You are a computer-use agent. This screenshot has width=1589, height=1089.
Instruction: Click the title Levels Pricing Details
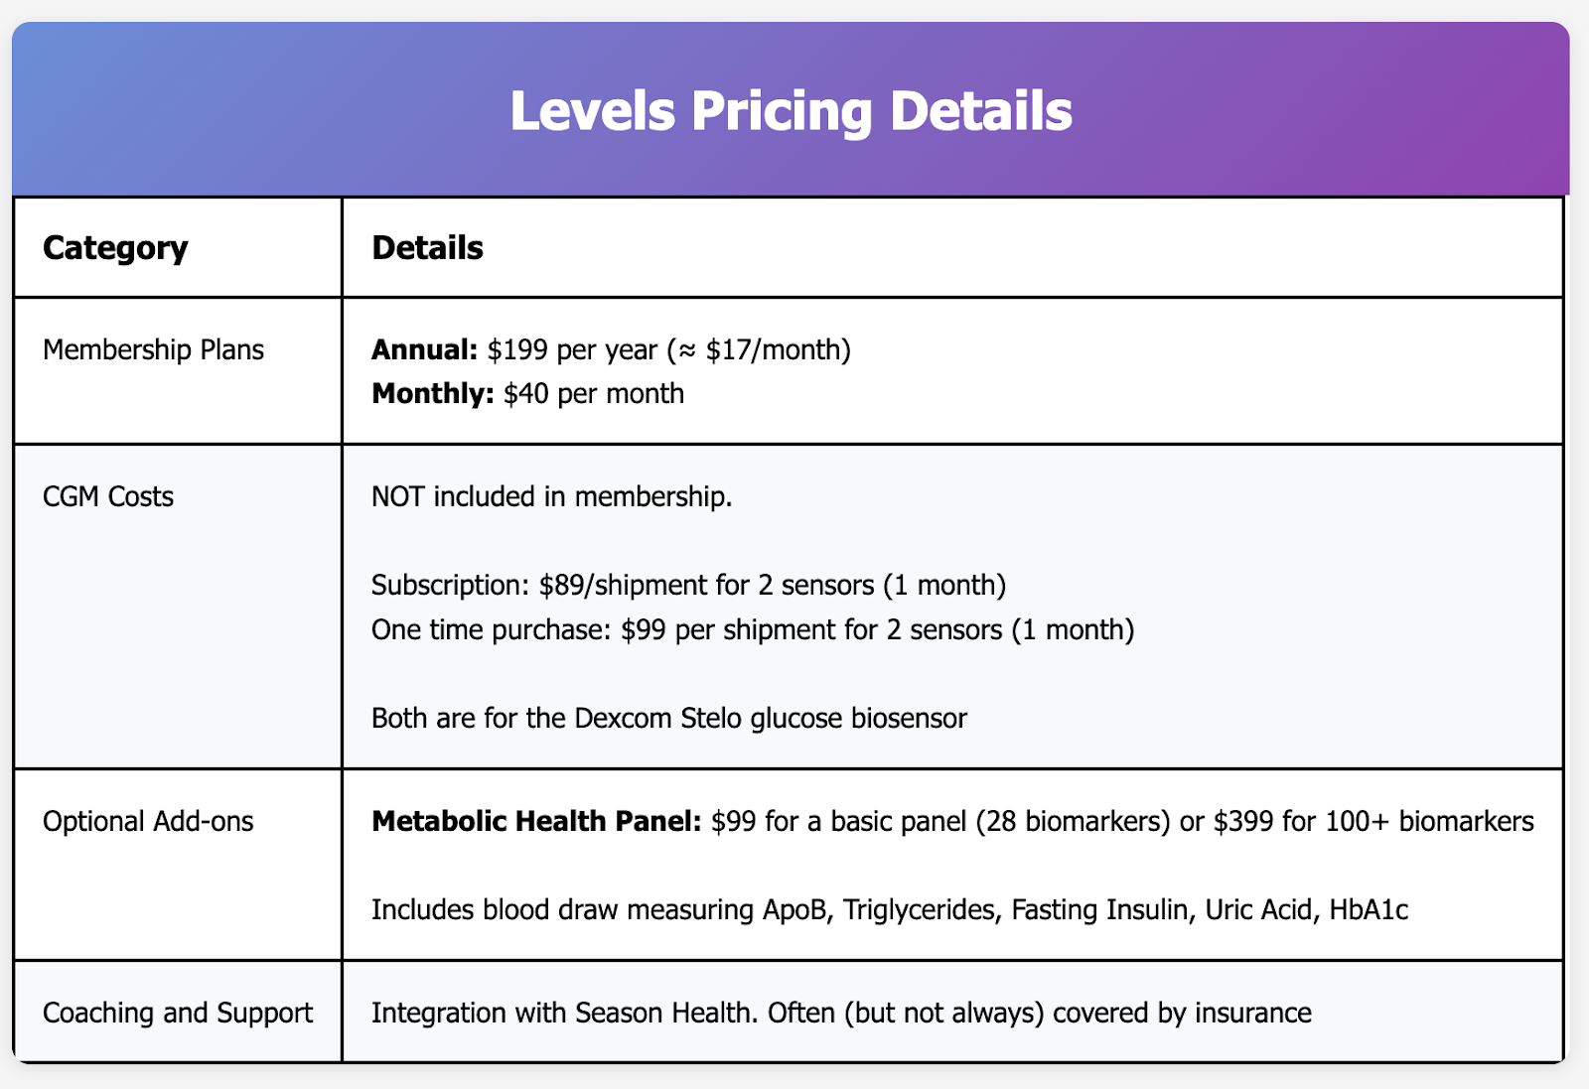[x=791, y=110]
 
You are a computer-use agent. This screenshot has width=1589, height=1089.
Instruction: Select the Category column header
[x=115, y=248]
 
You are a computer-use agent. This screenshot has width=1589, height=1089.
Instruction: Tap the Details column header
[x=427, y=248]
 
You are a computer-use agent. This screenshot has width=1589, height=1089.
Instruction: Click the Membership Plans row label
[x=153, y=349]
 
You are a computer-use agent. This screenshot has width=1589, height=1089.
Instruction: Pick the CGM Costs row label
[x=108, y=496]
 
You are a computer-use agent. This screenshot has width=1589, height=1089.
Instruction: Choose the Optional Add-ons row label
[x=148, y=822]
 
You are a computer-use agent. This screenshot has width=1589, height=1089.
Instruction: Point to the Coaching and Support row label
[x=178, y=1013]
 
